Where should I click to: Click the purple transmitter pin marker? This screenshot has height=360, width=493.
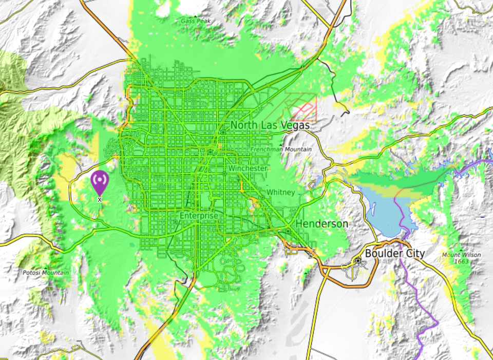[99, 182]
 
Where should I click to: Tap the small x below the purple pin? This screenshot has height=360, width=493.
[100, 199]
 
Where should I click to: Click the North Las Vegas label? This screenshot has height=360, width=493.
[270, 125]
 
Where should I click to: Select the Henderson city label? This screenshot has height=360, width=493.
[321, 224]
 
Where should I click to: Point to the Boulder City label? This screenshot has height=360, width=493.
[395, 253]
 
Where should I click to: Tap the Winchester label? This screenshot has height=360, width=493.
[248, 168]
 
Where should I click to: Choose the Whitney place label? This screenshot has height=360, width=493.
[280, 193]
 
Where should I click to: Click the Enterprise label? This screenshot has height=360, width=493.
[199, 216]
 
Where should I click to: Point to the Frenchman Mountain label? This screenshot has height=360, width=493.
[281, 149]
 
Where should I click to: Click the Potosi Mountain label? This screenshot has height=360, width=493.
[46, 273]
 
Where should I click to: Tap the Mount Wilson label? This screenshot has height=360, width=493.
[462, 255]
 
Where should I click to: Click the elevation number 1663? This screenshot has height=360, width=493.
[462, 261]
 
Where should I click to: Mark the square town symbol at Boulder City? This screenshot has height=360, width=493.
[358, 261]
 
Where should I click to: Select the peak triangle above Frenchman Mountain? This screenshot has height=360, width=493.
[281, 144]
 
